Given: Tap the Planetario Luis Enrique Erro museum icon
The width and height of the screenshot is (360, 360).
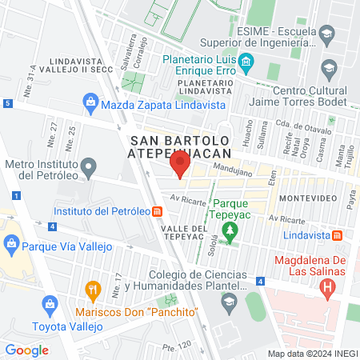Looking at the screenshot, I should [247, 61].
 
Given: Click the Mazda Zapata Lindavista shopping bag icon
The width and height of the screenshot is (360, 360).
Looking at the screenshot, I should [90, 102].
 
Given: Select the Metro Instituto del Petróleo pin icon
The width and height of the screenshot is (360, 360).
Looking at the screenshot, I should [90, 166].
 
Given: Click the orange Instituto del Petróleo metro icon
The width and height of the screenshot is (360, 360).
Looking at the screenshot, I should [158, 212].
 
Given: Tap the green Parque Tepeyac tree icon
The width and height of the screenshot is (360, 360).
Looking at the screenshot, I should [230, 230].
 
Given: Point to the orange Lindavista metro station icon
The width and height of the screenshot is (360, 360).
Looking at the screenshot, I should [338, 235].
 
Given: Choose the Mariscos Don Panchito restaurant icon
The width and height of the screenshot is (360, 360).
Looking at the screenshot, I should [94, 289].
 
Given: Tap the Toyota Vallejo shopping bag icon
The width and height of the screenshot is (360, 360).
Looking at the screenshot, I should [50, 305].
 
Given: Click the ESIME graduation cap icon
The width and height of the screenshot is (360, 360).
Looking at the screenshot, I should [327, 34].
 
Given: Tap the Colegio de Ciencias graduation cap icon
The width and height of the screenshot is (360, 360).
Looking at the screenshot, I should [229, 302].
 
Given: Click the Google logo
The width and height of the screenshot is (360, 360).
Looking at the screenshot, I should [26, 350].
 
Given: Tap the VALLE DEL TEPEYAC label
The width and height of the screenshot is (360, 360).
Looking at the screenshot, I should [189, 232].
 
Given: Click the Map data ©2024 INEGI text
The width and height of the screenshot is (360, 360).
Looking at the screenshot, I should [312, 354].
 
